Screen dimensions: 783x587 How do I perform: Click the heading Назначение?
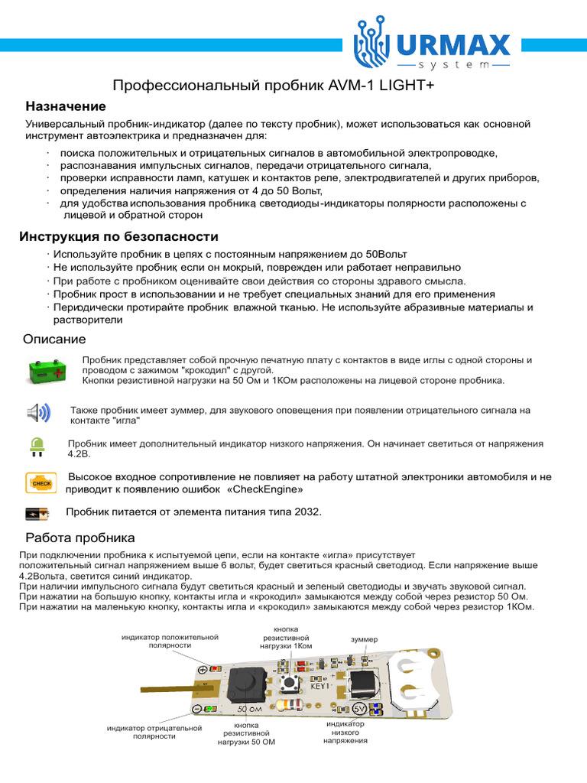(x=66, y=106)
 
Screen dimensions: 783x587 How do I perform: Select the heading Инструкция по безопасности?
(x=118, y=236)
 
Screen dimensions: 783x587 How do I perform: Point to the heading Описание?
(x=56, y=339)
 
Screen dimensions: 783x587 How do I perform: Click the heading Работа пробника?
(x=80, y=538)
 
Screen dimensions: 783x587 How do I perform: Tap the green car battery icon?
(x=50, y=372)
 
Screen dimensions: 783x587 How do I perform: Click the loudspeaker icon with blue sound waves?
(x=38, y=414)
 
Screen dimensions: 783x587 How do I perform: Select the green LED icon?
(x=35, y=447)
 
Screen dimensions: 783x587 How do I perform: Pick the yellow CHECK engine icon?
(x=40, y=482)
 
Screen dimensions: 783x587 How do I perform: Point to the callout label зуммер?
(x=364, y=638)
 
